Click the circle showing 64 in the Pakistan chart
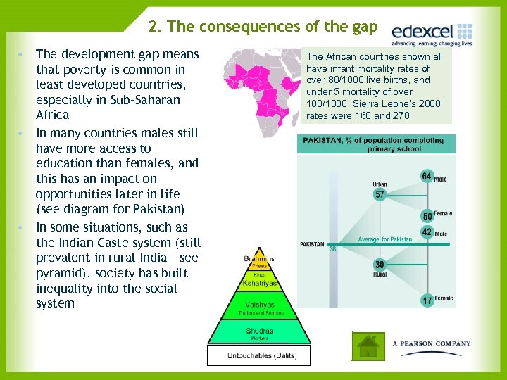427,176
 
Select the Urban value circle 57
380,194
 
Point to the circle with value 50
427,216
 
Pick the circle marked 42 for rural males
427,232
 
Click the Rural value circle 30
380,265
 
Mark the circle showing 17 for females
427,300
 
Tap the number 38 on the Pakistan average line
332,248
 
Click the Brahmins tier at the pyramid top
259,260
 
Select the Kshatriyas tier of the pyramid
259,283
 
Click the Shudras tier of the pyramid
259,331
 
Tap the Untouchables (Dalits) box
259,355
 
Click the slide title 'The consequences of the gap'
263,27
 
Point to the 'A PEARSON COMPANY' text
432,343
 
